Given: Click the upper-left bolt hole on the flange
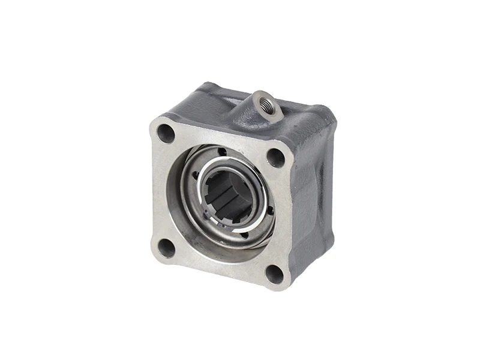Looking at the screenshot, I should (x=166, y=133).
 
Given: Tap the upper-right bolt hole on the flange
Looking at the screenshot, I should (x=275, y=157).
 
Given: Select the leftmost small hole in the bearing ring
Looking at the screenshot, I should (x=194, y=175).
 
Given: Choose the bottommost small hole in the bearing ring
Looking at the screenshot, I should (x=244, y=235).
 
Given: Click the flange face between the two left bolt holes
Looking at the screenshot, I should (x=160, y=189).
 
